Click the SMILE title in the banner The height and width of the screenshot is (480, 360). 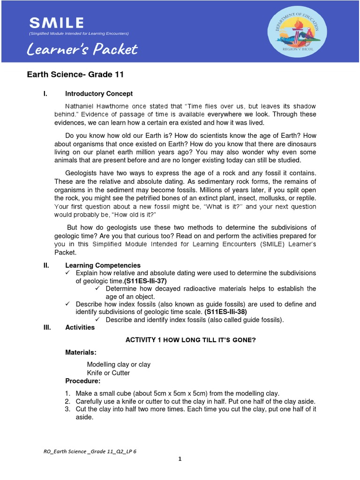pyautogui.click(x=57, y=22)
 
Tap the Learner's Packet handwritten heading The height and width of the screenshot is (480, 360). pyautogui.click(x=83, y=49)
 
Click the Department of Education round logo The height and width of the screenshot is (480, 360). pyautogui.click(x=298, y=32)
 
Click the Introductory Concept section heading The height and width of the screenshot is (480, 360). pyautogui.click(x=99, y=94)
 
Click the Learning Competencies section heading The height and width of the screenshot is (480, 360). pyautogui.click(x=103, y=265)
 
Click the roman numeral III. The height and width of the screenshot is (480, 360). pyautogui.click(x=46, y=327)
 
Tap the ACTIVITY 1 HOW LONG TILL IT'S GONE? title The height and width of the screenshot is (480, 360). pyautogui.click(x=191, y=340)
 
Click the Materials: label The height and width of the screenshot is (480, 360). pyautogui.click(x=81, y=352)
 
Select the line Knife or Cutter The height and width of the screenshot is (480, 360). pyautogui.click(x=108, y=373)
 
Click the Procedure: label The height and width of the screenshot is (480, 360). pyautogui.click(x=82, y=381)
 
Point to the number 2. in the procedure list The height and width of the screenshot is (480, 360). pyautogui.click(x=67, y=401)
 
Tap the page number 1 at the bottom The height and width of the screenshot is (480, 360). pyautogui.click(x=180, y=459)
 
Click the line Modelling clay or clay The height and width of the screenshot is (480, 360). pyautogui.click(x=119, y=364)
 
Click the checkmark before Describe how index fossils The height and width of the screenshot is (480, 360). pyautogui.click(x=68, y=304)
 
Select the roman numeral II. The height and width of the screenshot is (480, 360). pyautogui.click(x=46, y=265)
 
